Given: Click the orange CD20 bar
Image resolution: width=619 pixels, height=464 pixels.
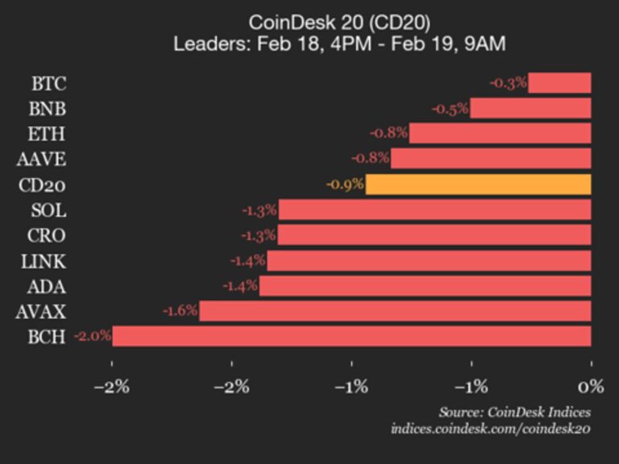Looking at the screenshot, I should pyautogui.click(x=478, y=184).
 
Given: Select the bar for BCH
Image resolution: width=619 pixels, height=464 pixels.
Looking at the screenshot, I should pyautogui.click(x=351, y=336).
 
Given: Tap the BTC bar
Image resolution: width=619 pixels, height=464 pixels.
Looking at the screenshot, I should pyautogui.click(x=559, y=83).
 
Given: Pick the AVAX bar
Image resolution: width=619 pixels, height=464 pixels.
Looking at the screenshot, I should pyautogui.click(x=395, y=311).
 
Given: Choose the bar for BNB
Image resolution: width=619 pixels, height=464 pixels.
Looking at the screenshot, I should pyautogui.click(x=530, y=108).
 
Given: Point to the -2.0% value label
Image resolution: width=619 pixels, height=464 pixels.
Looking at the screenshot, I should pyautogui.click(x=92, y=337).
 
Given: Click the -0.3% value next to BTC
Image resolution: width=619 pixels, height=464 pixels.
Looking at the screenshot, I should pyautogui.click(x=508, y=83).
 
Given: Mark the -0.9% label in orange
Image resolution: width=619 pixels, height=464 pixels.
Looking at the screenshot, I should pyautogui.click(x=345, y=184).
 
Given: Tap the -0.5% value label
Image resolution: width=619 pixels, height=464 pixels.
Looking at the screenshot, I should pyautogui.click(x=450, y=109).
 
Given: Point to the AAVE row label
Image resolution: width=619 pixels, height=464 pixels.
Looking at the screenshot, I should pyautogui.click(x=44, y=159).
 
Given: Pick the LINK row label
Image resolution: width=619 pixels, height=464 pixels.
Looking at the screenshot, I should pyautogui.click(x=45, y=261).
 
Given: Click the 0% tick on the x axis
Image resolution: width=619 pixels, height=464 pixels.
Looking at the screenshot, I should pyautogui.click(x=591, y=386).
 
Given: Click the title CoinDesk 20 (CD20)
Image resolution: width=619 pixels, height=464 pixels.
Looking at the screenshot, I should pyautogui.click(x=339, y=22).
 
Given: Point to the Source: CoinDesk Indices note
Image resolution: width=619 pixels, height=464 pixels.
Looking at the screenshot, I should pyautogui.click(x=514, y=412).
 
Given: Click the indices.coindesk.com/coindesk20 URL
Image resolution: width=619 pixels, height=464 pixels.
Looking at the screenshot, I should pyautogui.click(x=490, y=429).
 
